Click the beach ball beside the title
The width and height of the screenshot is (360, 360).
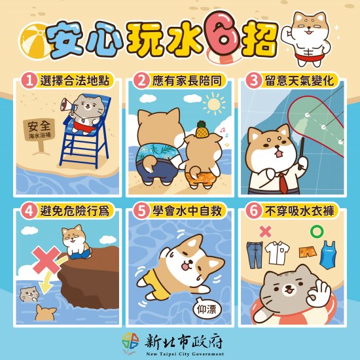(33, 40)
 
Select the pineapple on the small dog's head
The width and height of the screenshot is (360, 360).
(202, 129)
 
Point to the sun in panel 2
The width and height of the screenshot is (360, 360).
(214, 105)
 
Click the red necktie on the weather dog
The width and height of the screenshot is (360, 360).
(284, 183)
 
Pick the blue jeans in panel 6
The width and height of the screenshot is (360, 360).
(255, 255)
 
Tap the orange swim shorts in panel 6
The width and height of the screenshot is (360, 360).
(308, 252)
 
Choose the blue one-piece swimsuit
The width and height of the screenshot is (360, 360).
(329, 255)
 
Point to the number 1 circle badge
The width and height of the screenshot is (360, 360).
(29, 81)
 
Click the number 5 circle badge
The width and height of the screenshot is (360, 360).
(141, 211)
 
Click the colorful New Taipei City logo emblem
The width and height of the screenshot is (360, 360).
(130, 342)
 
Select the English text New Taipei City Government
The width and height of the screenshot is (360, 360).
(185, 354)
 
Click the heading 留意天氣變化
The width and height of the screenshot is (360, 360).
(299, 81)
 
